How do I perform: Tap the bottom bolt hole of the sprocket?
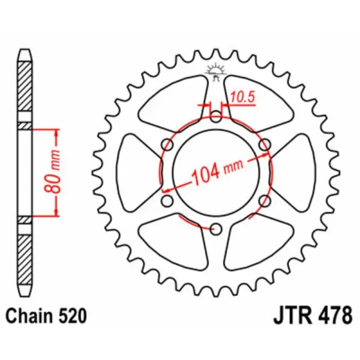(x=215, y=228)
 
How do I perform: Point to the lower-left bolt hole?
(x=167, y=200)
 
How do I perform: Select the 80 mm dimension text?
(x=51, y=172)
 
